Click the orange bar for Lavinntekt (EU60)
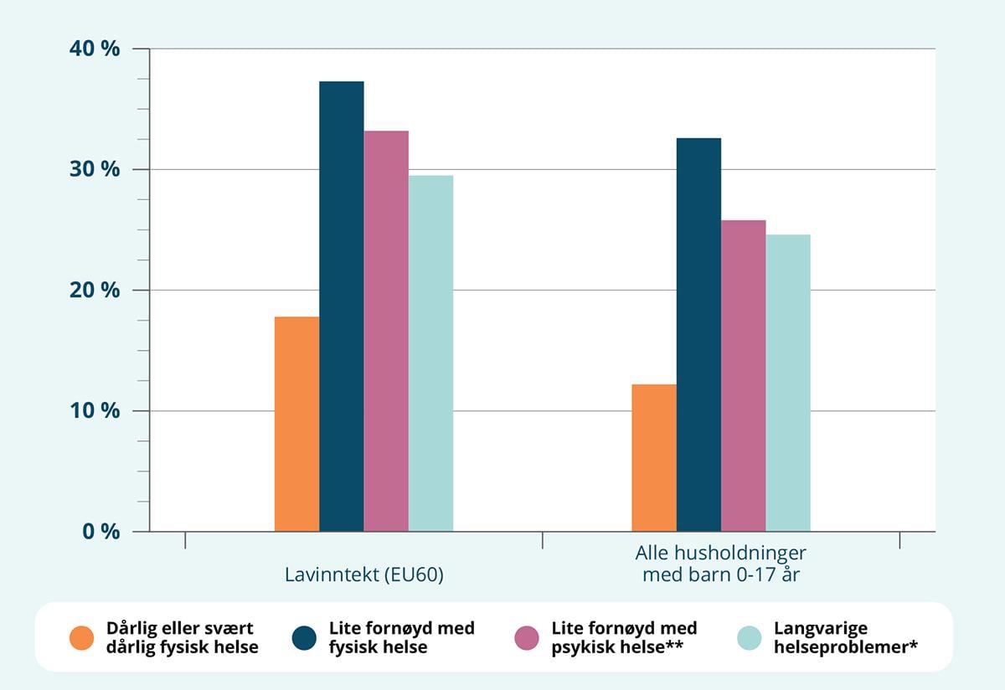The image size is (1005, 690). coord(296,424)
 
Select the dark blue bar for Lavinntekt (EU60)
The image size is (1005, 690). coord(341,306)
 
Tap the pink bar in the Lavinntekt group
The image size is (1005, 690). coord(386,331)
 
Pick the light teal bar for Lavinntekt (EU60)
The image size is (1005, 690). coord(430,353)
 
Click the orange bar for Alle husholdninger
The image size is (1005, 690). coord(654,457)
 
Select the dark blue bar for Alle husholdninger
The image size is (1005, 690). coord(698,334)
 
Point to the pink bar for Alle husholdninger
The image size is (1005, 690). coord(743,375)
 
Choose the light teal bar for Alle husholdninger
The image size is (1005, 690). coord(788,383)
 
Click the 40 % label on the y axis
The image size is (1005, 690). coord(95,49)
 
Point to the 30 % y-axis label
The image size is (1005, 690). coord(95,169)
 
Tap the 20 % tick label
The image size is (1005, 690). coord(95,291)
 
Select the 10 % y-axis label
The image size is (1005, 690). coord(95,411)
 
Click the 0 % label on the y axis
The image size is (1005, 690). coord(100,532)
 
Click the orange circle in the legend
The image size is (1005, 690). coord(82,638)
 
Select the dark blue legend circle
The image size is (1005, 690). coord(304,638)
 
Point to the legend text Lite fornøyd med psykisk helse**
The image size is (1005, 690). coord(624,638)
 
